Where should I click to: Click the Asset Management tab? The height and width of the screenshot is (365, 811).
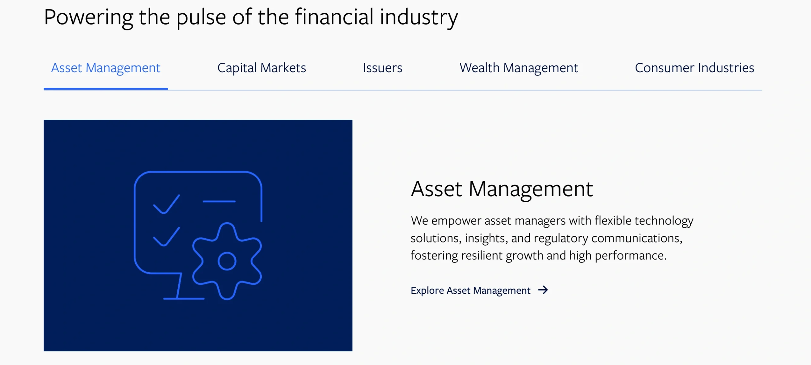coord(106,68)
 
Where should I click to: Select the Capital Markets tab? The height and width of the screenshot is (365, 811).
coord(262,68)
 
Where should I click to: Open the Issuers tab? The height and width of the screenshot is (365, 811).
coord(383,68)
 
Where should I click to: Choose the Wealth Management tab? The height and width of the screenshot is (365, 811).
coord(519,68)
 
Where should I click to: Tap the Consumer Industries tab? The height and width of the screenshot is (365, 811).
coord(695,68)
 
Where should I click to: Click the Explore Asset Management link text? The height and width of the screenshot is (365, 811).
coord(470,290)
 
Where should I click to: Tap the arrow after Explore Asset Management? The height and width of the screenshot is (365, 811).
coord(543,290)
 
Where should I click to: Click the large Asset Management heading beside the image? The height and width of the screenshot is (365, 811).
coord(502,189)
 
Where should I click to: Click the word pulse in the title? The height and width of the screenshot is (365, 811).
coord(201,18)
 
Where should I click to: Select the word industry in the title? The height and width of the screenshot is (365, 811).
coord(419,18)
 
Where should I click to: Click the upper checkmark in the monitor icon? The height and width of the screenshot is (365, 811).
coord(166,205)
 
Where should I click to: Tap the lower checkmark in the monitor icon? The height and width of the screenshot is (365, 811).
coord(166,237)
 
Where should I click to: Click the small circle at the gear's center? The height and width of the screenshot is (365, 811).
coord(227,253)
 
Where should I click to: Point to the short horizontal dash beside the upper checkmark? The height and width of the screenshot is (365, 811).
coord(219,201)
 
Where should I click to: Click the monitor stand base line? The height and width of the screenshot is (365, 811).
coord(184,299)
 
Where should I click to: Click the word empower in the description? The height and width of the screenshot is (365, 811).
coord(456,221)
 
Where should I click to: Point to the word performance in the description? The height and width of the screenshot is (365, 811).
coord(631,256)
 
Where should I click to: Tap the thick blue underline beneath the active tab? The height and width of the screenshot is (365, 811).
coord(106,89)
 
